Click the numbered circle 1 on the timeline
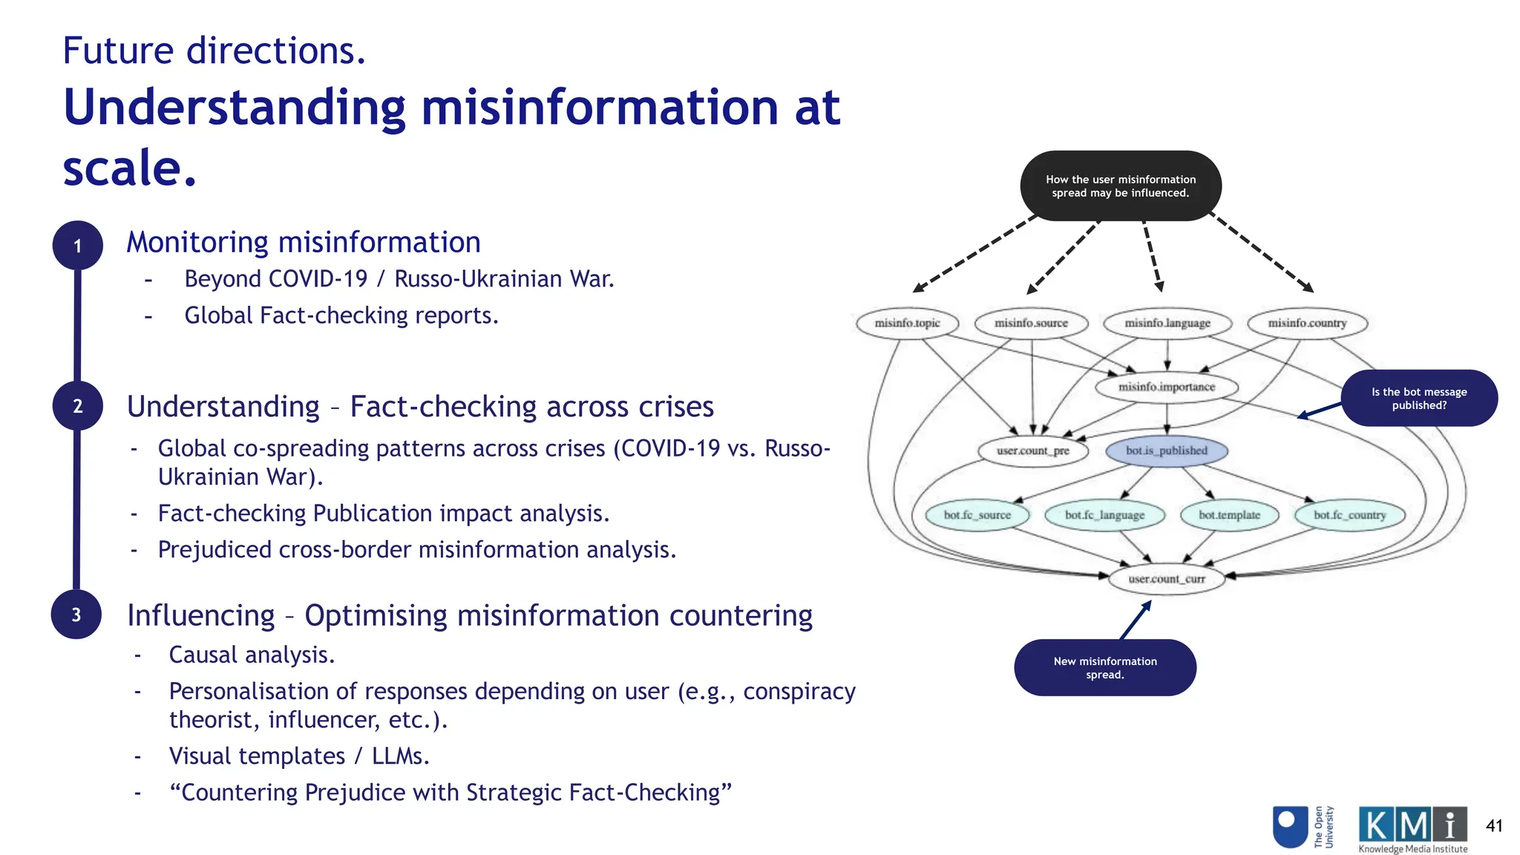click(77, 246)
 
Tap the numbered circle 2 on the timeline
click(77, 406)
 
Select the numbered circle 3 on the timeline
click(76, 615)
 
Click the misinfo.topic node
click(907, 323)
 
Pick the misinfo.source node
click(1031, 323)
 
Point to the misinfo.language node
click(1167, 323)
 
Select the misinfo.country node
click(1306, 323)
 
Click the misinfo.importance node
click(1167, 387)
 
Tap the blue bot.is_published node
click(1166, 451)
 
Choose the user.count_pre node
click(1032, 451)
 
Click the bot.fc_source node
click(977, 514)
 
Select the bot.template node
click(1229, 514)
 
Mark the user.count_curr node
click(1166, 579)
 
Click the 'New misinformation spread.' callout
click(1104, 667)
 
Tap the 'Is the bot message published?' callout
click(1418, 399)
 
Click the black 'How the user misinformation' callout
click(1120, 186)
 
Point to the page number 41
click(1494, 825)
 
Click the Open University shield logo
click(1289, 826)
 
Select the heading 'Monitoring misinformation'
click(304, 242)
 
